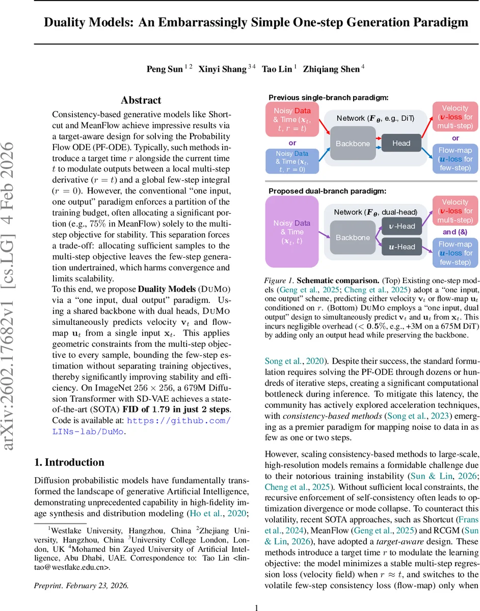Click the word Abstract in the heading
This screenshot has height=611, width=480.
pyautogui.click(x=141, y=100)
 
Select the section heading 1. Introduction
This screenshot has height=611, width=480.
pyautogui.click(x=69, y=462)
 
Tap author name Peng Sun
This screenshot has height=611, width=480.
pyautogui.click(x=165, y=69)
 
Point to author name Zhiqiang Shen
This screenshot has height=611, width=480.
pyautogui.click(x=331, y=69)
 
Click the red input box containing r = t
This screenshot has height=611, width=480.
pyautogui.click(x=292, y=120)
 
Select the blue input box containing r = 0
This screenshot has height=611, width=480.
pyautogui.click(x=292, y=161)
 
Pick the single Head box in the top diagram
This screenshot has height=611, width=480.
pyautogui.click(x=401, y=143)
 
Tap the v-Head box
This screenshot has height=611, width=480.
pyautogui.click(x=402, y=226)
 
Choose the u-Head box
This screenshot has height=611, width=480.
pyautogui.click(x=402, y=247)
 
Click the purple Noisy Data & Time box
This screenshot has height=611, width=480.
pyautogui.click(x=292, y=232)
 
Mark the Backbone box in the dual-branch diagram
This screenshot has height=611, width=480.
pyautogui.click(x=353, y=237)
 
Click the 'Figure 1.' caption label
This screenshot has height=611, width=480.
pyautogui.click(x=279, y=281)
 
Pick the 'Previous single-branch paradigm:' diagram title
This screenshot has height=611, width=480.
pyautogui.click(x=328, y=97)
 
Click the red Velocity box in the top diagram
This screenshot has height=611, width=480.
pyautogui.click(x=455, y=117)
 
